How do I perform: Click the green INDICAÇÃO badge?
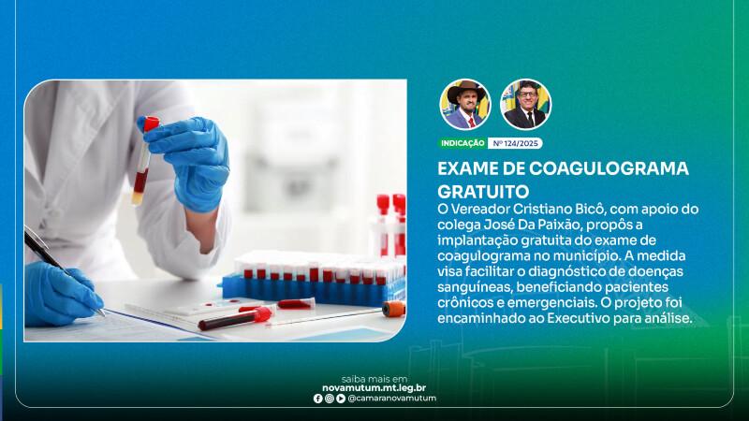tap(463, 143)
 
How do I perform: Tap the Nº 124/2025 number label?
tap(515, 143)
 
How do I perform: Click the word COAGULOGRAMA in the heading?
tap(609, 168)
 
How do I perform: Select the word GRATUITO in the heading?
tap(483, 192)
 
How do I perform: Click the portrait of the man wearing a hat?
tap(465, 105)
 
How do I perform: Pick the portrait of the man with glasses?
tap(526, 105)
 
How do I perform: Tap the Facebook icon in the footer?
tap(318, 399)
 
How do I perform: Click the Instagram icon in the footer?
tap(330, 399)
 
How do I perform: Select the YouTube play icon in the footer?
tap(341, 399)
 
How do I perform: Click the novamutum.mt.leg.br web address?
tap(374, 388)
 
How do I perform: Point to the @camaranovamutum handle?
tap(392, 399)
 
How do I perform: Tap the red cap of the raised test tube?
tap(152, 123)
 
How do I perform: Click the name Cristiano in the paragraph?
tap(539, 209)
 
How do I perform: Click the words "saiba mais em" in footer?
tap(374, 380)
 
